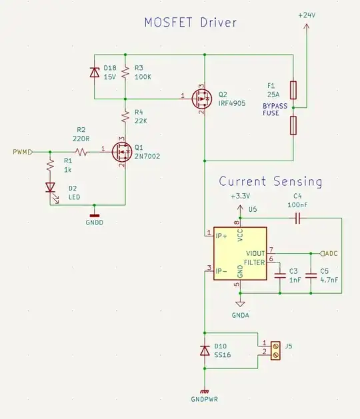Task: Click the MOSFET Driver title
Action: click(191, 23)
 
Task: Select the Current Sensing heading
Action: click(271, 181)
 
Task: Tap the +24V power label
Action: click(307, 14)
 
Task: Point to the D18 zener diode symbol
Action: click(94, 73)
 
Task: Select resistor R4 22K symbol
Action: click(125, 117)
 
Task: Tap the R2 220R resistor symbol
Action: click(81, 152)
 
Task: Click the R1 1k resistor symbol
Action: click(49, 165)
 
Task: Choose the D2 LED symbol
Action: click(49, 189)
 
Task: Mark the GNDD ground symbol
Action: click(95, 214)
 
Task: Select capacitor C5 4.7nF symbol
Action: click(311, 274)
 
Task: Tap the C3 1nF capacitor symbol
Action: click(280, 274)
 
